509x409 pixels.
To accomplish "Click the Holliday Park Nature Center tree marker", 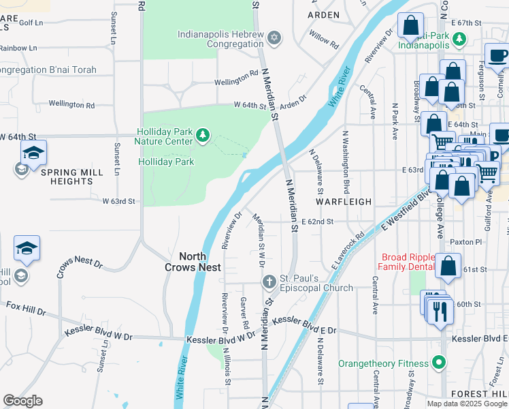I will coord(202,136).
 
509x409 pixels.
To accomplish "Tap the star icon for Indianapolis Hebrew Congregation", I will coord(274,37).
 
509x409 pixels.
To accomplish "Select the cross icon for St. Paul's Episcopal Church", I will coord(269,282).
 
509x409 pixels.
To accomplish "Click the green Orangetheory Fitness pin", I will coord(440,363).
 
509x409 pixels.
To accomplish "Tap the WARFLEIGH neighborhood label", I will coord(344,202).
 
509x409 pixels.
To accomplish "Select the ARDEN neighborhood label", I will coord(323,14).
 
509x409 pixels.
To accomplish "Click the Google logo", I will coord(22,401).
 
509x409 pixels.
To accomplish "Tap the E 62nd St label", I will coord(317,222).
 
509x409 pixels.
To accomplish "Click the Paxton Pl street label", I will coord(467,242).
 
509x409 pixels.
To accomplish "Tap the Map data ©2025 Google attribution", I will coord(466,403).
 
